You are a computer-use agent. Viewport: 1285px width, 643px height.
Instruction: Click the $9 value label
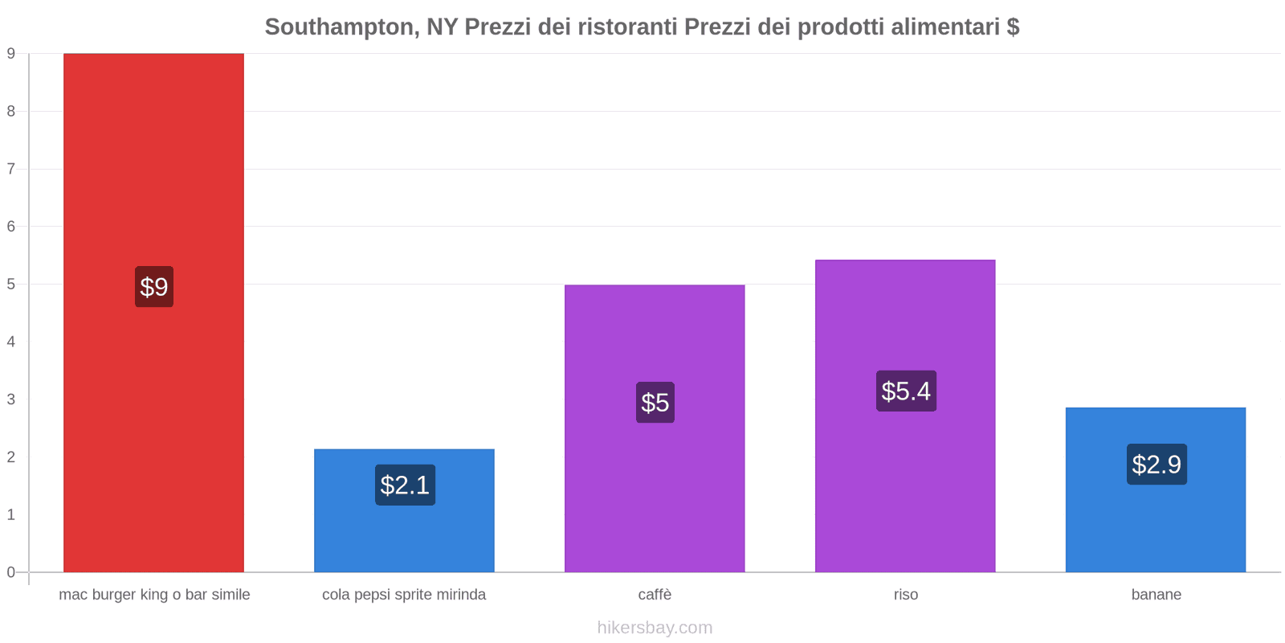[x=154, y=287]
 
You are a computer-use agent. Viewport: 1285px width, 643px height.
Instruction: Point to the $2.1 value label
[x=405, y=485]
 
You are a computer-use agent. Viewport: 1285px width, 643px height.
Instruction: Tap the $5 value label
[x=655, y=402]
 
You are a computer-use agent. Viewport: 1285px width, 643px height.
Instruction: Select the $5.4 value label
[x=906, y=391]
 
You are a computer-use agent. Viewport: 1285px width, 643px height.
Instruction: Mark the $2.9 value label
[x=1156, y=464]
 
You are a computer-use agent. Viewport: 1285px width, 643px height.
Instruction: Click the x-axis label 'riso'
[x=906, y=595]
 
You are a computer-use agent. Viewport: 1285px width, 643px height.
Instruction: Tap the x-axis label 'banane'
[x=1156, y=595]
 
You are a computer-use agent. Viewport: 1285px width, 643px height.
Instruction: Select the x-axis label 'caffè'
[x=655, y=595]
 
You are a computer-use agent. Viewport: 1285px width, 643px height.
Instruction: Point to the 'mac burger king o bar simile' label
[x=154, y=595]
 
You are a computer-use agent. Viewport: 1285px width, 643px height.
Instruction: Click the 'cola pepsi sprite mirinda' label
[x=404, y=595]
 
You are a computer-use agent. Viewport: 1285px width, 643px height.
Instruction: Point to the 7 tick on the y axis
[x=11, y=169]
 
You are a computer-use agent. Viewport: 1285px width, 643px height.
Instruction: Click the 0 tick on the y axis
[x=11, y=572]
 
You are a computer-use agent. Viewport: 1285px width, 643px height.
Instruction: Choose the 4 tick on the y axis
[x=11, y=342]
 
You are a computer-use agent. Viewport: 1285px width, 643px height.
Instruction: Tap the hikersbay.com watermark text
[x=655, y=628]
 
